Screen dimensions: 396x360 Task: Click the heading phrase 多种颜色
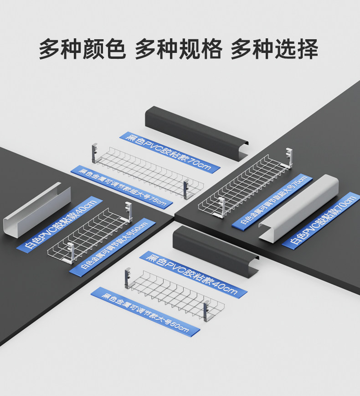(x=82, y=49)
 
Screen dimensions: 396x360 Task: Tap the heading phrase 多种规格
(x=178, y=49)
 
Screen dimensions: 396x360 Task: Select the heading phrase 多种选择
(x=274, y=49)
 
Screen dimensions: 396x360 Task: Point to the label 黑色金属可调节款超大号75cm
(x=123, y=188)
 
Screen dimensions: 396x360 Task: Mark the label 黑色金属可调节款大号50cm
(x=145, y=312)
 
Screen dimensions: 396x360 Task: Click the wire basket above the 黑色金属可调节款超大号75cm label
(x=146, y=171)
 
